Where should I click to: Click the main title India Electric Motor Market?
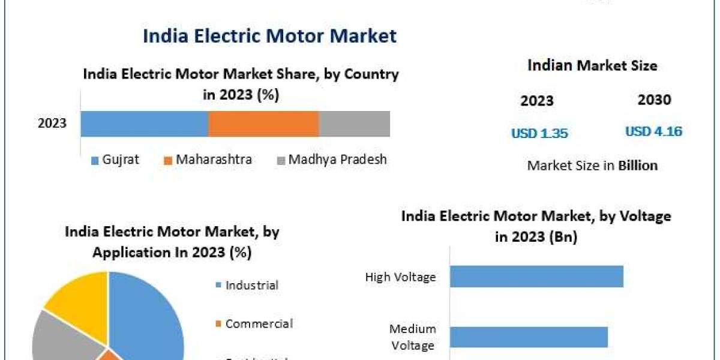click(269, 36)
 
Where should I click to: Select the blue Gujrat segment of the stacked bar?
click(144, 124)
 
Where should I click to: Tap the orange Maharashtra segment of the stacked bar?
click(263, 124)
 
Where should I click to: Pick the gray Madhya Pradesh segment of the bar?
click(354, 124)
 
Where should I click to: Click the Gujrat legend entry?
click(115, 160)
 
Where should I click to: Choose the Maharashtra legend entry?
click(208, 160)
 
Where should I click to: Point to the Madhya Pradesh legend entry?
click(332, 160)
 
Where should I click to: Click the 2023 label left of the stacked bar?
click(52, 124)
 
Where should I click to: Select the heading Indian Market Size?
click(592, 65)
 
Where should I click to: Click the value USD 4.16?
click(653, 131)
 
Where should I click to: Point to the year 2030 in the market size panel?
click(654, 100)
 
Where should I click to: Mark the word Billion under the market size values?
click(638, 166)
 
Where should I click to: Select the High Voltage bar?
click(536, 277)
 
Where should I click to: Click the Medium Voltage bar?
click(529, 337)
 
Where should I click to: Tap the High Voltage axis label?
click(400, 277)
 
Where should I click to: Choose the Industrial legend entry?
click(247, 285)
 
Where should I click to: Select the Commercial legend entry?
click(254, 324)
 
